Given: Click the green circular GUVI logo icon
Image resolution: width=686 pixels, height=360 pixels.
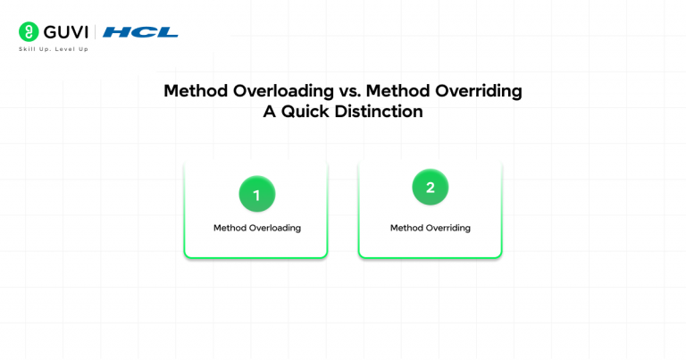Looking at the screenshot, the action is (x=29, y=32).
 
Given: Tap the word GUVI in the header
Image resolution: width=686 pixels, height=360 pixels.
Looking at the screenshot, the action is (x=66, y=32).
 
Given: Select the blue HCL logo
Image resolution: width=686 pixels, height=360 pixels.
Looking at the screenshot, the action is (x=140, y=32).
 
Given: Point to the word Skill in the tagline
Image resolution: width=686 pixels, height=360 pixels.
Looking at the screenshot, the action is (x=27, y=49).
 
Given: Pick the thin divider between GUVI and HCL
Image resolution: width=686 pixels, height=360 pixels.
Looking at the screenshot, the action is (x=96, y=32).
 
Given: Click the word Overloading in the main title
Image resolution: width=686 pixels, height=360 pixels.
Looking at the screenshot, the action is (x=283, y=91).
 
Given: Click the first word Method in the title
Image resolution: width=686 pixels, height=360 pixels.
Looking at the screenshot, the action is (x=196, y=91).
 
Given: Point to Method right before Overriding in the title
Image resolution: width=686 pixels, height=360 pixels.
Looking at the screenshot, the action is (x=397, y=91).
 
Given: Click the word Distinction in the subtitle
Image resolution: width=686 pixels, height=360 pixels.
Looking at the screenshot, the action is (x=379, y=112).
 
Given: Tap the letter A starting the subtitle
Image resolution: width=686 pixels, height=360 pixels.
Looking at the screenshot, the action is (x=270, y=112).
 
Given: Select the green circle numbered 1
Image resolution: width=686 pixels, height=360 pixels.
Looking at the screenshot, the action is (x=257, y=194).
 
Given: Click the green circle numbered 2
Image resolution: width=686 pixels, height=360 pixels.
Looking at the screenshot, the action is (x=430, y=188).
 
